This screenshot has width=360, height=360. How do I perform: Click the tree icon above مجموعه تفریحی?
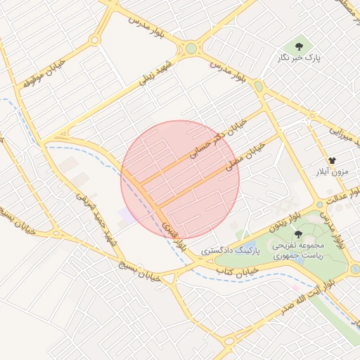[x=299, y=234]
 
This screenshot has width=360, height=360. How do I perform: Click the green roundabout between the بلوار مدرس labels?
[x=191, y=49]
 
